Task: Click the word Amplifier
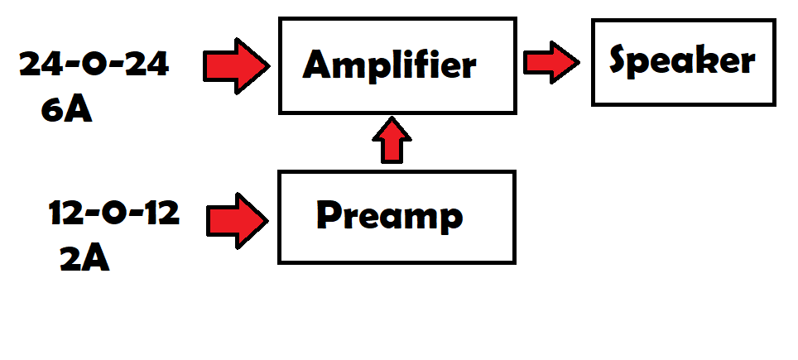pyautogui.click(x=389, y=65)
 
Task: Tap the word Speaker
pyautogui.click(x=682, y=60)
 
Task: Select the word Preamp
pyautogui.click(x=389, y=216)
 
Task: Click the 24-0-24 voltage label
pyautogui.click(x=94, y=65)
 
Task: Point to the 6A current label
pyautogui.click(x=66, y=110)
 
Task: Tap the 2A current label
pyautogui.click(x=84, y=259)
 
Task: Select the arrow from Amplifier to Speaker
pyautogui.click(x=551, y=62)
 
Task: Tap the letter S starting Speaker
pyautogui.click(x=623, y=60)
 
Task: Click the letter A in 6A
pyautogui.click(x=78, y=110)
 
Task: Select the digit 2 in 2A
pyautogui.click(x=71, y=259)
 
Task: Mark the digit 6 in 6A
pyautogui.click(x=53, y=110)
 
